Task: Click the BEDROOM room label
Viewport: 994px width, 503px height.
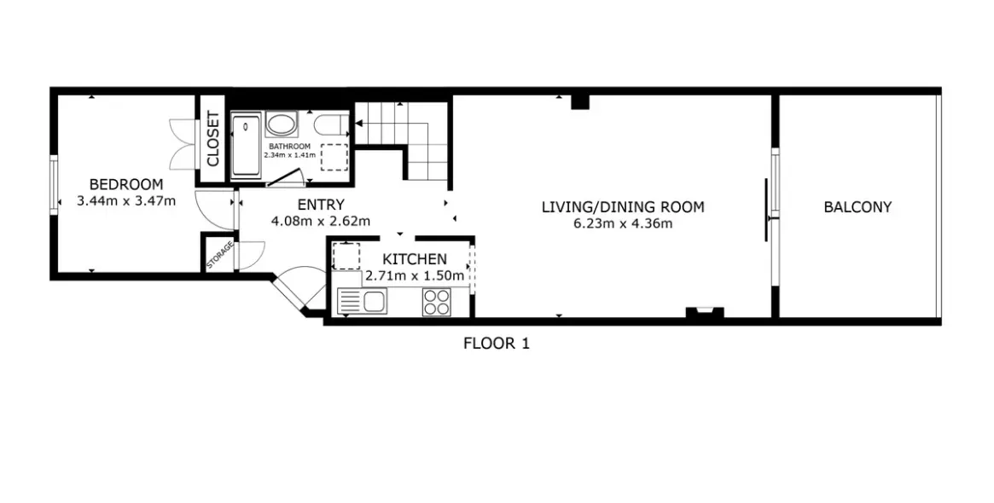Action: click(126, 185)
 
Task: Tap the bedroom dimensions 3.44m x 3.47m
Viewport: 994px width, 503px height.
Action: click(126, 201)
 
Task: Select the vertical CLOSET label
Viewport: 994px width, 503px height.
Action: click(212, 139)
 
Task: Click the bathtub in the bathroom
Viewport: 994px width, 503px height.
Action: click(246, 145)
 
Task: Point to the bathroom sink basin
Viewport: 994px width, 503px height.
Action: click(282, 124)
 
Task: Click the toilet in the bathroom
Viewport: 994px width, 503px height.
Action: click(331, 125)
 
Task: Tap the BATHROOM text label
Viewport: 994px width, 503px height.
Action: click(290, 147)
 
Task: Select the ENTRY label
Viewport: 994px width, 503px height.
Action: click(321, 205)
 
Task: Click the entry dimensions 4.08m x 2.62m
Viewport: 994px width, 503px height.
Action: click(321, 221)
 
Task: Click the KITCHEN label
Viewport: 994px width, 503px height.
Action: click(415, 259)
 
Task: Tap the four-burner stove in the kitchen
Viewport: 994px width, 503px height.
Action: click(437, 301)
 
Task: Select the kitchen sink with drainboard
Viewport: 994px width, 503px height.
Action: click(362, 301)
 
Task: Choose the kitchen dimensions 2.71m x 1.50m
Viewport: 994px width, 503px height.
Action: click(415, 275)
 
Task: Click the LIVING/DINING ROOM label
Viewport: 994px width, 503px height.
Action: click(623, 207)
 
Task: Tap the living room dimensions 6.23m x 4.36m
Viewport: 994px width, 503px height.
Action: click(623, 223)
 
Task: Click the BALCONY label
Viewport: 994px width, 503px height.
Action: click(857, 207)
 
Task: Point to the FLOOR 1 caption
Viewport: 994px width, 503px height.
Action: click(497, 344)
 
